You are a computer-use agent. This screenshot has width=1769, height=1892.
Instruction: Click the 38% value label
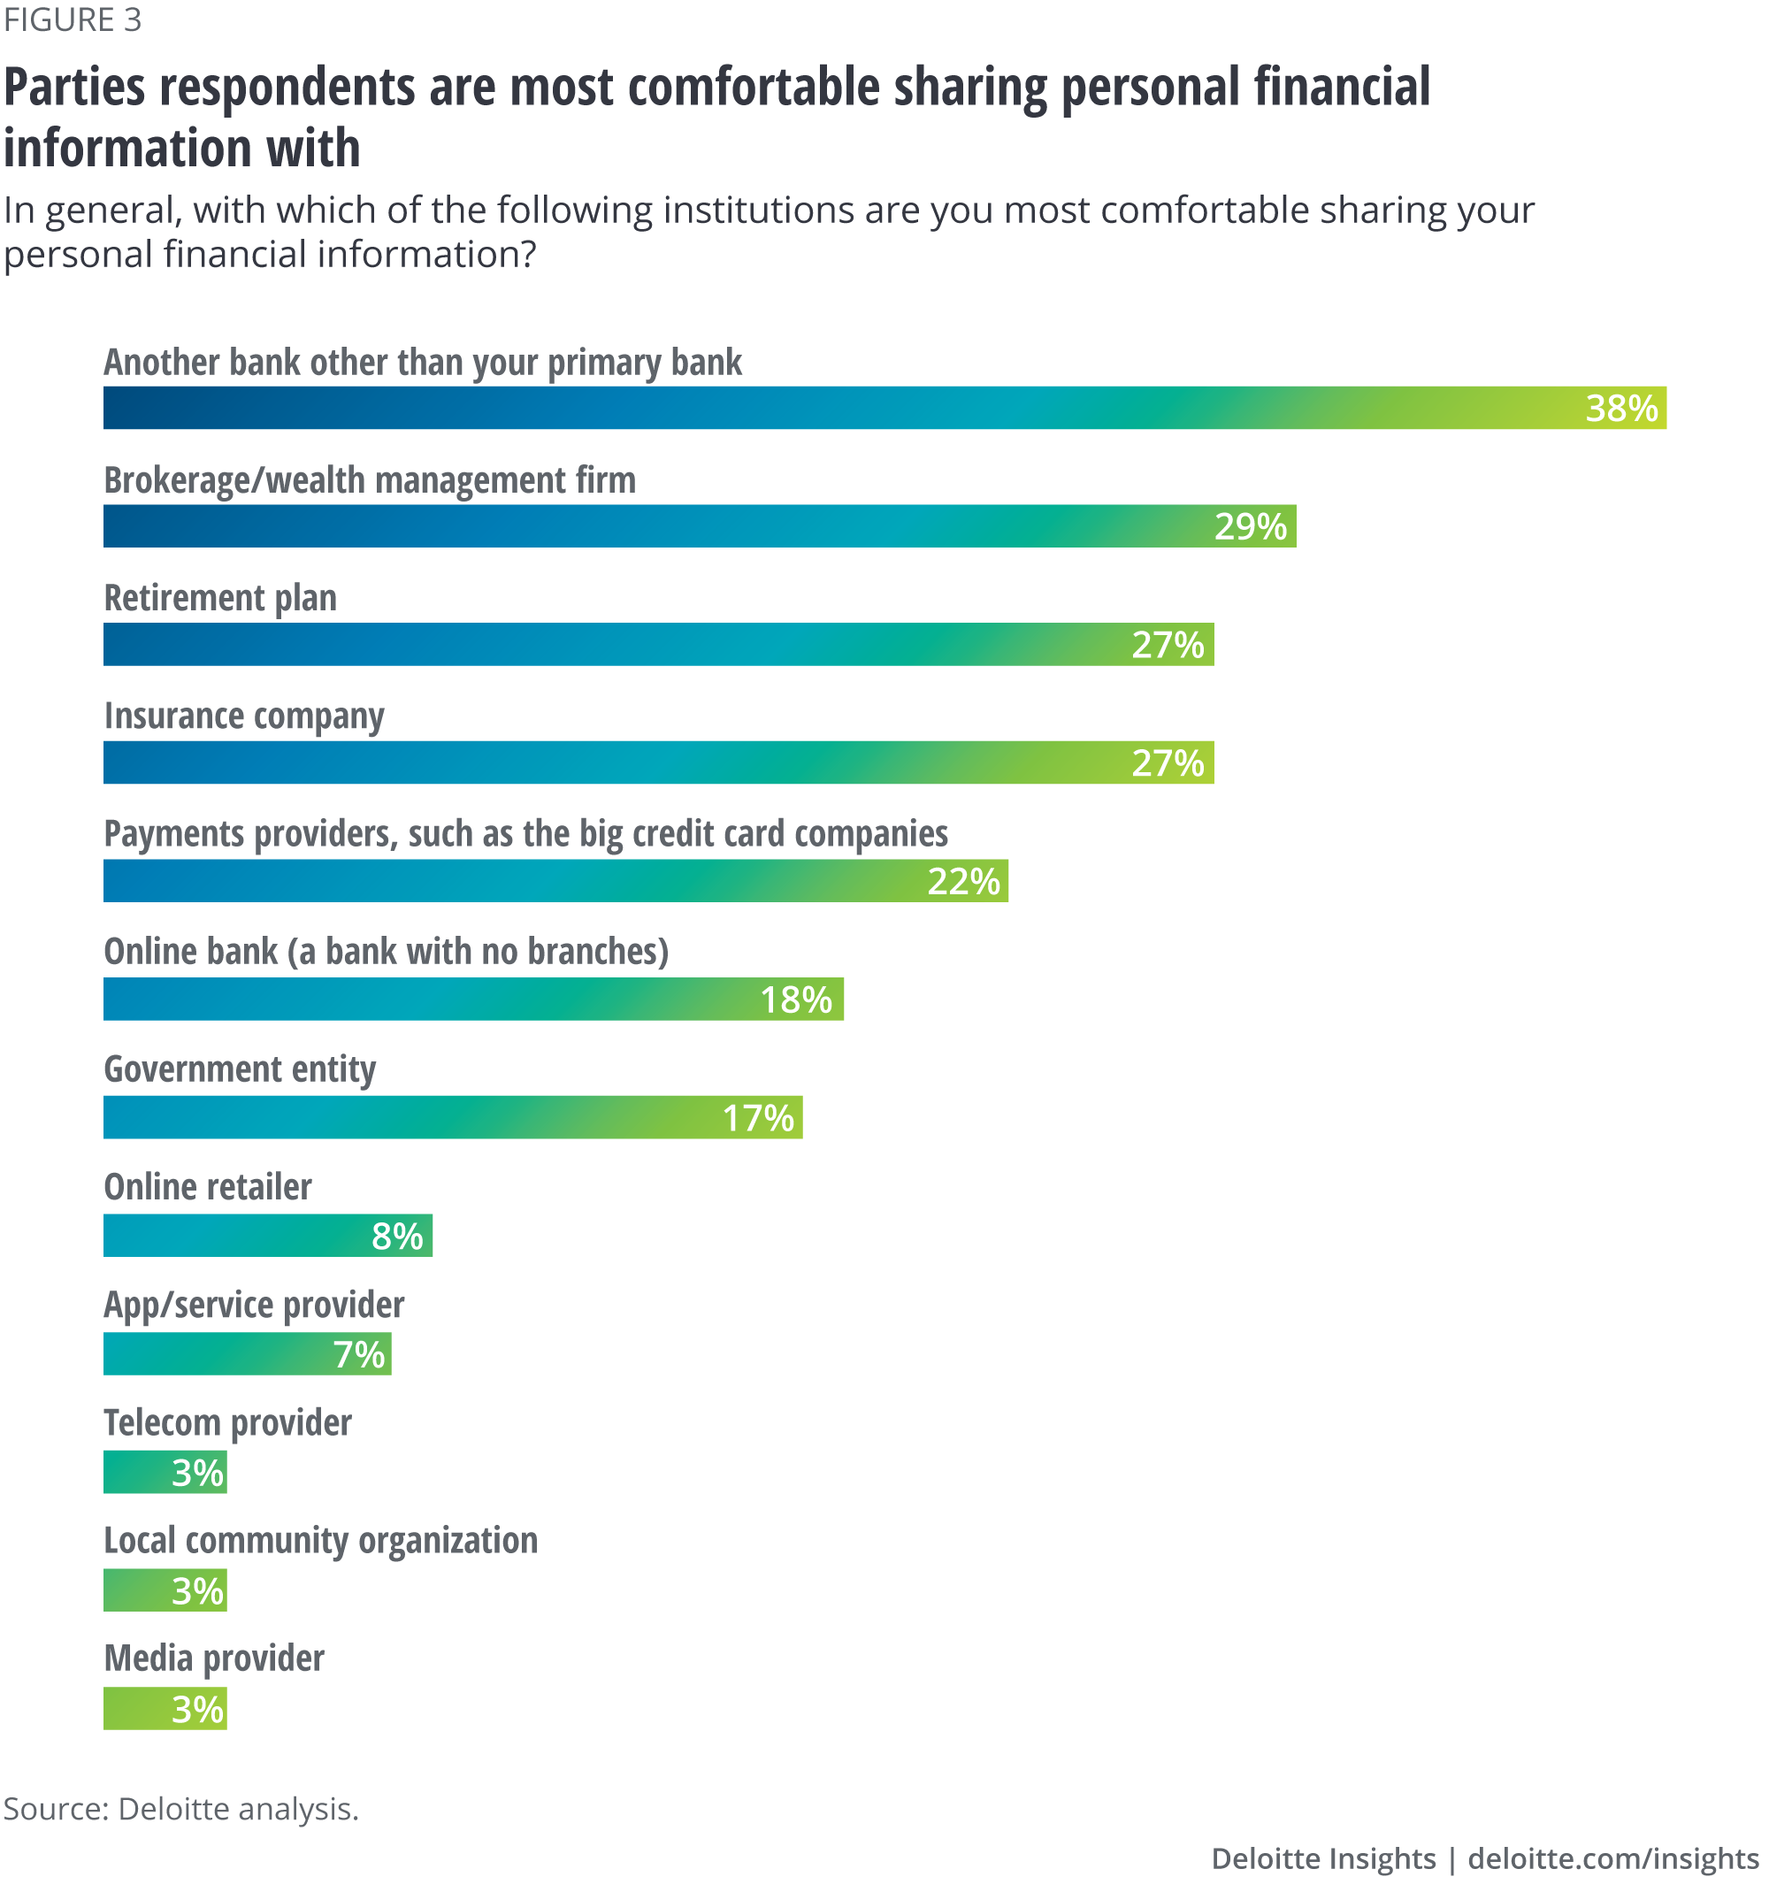click(x=1620, y=409)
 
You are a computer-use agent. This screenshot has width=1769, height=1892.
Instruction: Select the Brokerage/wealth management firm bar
click(x=700, y=526)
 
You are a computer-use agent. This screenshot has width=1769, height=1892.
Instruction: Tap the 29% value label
click(x=1250, y=526)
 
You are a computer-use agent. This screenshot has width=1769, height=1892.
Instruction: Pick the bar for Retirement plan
click(x=657, y=644)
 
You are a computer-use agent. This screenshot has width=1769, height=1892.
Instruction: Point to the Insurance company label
click(x=243, y=716)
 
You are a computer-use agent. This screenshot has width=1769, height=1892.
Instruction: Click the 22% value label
click(x=963, y=881)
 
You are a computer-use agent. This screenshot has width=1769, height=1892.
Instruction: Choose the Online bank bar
click(x=473, y=1000)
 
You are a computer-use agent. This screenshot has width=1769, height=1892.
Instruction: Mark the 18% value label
click(x=795, y=1000)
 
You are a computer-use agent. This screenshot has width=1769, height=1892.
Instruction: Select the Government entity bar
click(x=452, y=1117)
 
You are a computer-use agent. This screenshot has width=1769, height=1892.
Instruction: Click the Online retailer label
click(x=208, y=1187)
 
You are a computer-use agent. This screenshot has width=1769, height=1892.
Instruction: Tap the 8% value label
click(x=397, y=1237)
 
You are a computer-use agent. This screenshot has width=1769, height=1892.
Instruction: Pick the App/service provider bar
click(x=248, y=1353)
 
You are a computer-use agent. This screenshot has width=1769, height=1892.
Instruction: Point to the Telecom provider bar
click(x=165, y=1473)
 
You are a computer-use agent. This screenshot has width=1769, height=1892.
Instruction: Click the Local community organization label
click(x=321, y=1541)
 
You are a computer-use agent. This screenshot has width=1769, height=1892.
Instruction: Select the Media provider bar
click(x=165, y=1708)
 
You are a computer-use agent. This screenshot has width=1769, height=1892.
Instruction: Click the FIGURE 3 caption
click(x=73, y=19)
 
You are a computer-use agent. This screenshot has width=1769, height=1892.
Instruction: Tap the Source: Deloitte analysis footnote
click(x=180, y=1808)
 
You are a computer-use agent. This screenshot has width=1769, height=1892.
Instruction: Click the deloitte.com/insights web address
click(x=1613, y=1858)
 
